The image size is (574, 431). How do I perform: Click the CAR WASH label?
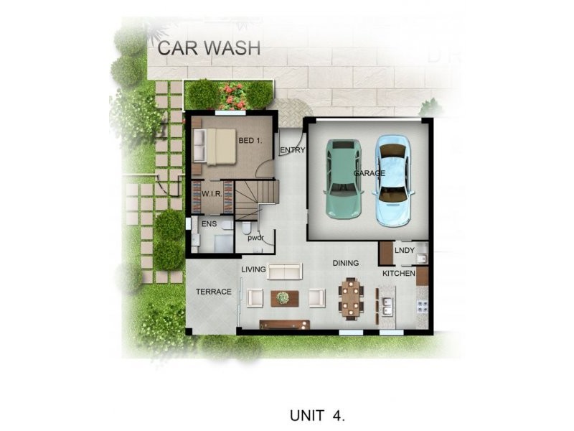(x=209, y=48)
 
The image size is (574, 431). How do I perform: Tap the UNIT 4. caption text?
(x=319, y=415)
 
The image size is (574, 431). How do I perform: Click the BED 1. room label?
(x=250, y=141)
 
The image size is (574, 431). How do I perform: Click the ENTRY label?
(x=293, y=150)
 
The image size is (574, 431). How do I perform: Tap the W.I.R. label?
(x=211, y=194)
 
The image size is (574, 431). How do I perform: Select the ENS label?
(x=209, y=225)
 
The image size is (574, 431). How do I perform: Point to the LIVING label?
(x=253, y=269)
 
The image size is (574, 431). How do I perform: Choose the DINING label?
(x=346, y=263)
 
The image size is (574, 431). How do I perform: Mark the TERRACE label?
(x=214, y=292)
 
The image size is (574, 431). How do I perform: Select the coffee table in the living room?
(x=283, y=297)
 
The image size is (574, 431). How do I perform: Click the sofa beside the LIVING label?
(x=285, y=270)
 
